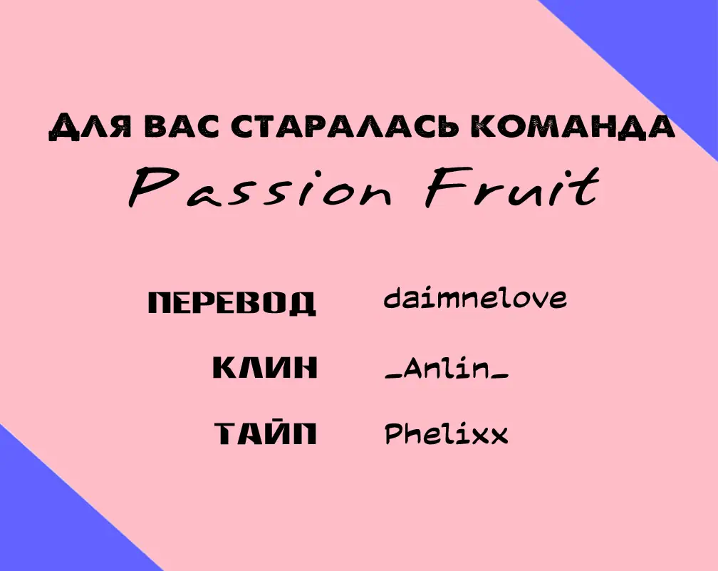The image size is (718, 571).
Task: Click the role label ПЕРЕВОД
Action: pos(232,302)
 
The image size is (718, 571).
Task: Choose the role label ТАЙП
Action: pos(266,433)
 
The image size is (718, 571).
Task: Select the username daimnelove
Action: pos(475,298)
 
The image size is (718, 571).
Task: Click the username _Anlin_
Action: pos(447,369)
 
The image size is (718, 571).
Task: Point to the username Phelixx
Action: pos(447,433)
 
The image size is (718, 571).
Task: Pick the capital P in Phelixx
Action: pos(393,434)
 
